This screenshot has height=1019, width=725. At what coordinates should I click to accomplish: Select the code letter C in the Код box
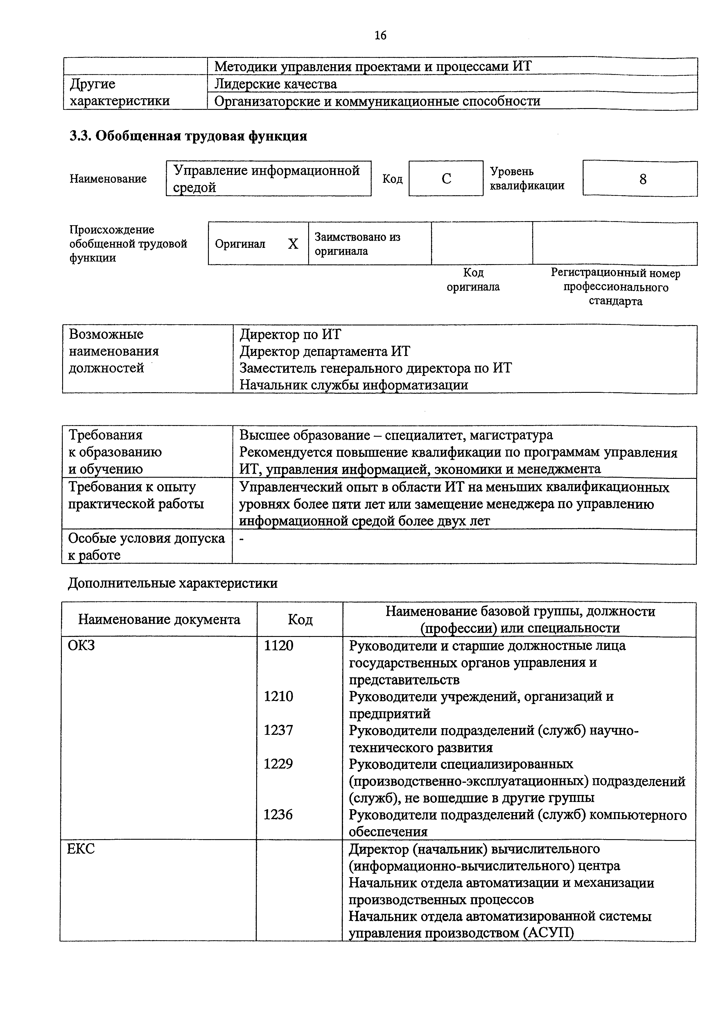[x=446, y=179]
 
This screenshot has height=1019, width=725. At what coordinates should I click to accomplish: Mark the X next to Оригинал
[x=293, y=244]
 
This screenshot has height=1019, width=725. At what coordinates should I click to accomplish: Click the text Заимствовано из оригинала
[x=357, y=244]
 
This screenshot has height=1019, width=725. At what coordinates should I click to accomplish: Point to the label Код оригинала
[x=473, y=280]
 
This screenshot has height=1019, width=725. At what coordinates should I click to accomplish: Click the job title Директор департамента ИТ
[x=324, y=351]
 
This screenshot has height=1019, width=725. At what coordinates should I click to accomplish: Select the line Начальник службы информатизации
[x=353, y=385]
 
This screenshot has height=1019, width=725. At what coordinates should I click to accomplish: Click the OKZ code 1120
[x=279, y=646]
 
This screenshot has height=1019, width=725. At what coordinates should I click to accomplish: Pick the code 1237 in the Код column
[x=278, y=730]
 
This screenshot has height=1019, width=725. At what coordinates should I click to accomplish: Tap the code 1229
[x=278, y=764]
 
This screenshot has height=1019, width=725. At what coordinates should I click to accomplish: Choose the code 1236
[x=278, y=815]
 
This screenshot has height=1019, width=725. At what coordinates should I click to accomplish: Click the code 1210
[x=278, y=696]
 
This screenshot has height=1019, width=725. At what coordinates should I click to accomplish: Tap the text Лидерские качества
[x=275, y=84]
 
